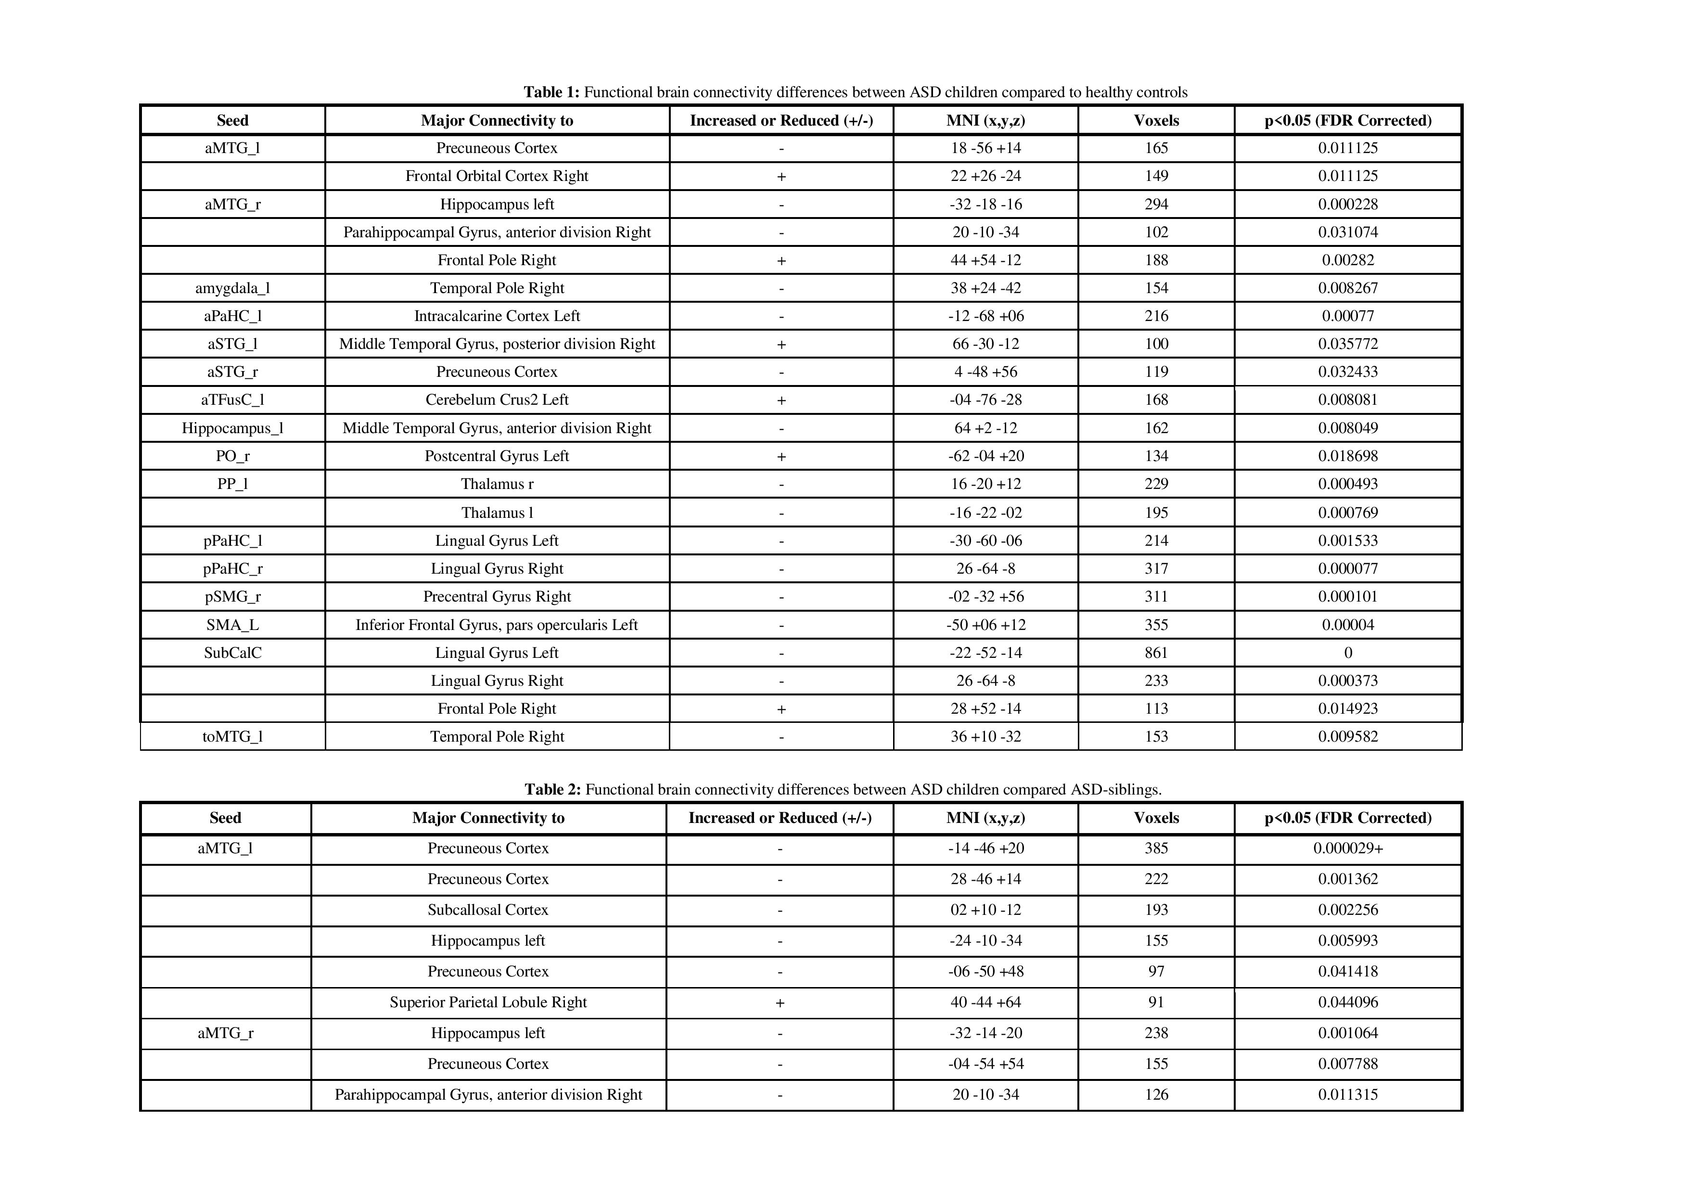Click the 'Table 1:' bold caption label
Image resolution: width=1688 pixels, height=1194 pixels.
point(551,92)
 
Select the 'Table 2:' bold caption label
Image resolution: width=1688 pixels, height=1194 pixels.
point(552,790)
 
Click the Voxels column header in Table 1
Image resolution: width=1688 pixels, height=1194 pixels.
point(1156,121)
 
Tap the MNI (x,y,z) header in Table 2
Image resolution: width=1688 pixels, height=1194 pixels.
point(985,818)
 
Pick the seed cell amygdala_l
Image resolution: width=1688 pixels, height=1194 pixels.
point(232,288)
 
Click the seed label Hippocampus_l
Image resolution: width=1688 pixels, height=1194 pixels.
point(232,428)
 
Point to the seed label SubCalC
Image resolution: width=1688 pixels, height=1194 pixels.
point(232,653)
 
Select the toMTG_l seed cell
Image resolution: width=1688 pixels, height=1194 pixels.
point(232,737)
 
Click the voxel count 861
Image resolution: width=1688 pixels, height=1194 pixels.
point(1156,653)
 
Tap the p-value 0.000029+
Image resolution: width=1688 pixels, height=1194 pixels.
point(1348,848)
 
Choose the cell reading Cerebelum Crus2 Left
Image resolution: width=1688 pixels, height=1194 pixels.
point(497,400)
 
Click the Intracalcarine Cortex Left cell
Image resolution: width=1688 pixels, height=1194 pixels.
point(497,316)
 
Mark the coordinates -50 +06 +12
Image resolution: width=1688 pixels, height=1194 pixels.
point(985,625)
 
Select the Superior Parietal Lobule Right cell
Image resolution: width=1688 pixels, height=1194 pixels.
point(488,1002)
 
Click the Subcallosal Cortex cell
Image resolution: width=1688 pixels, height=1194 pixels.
point(488,910)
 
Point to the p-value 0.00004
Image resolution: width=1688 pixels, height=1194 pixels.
point(1348,625)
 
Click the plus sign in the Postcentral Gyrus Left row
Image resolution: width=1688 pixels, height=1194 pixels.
point(781,457)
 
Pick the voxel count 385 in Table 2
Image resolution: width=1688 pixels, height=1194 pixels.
point(1156,848)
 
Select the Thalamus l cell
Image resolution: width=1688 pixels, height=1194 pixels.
point(497,513)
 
